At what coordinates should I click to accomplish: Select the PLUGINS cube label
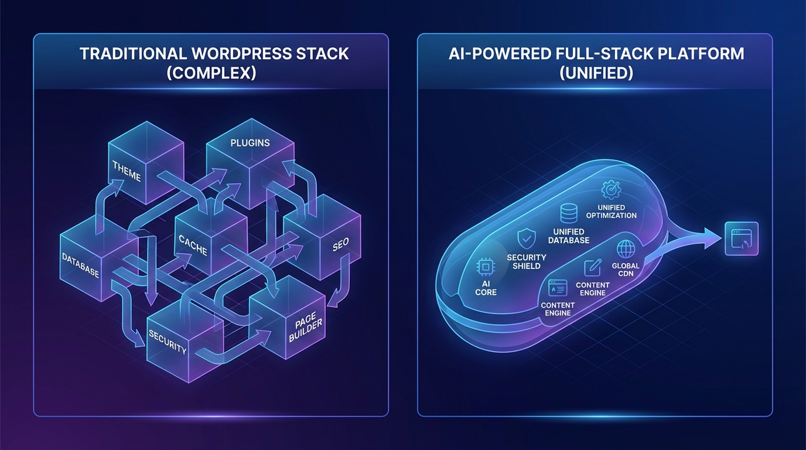250,142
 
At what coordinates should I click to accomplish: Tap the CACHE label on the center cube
193,244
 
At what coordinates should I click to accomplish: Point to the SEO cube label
340,246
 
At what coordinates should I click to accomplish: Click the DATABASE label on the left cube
80,265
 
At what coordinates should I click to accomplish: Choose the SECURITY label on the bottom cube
168,342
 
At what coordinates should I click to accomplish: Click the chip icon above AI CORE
486,267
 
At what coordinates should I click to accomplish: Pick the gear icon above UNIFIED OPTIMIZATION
610,189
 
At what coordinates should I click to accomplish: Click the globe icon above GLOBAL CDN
626,248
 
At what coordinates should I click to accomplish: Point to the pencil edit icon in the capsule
593,267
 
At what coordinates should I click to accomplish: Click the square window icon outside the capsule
741,238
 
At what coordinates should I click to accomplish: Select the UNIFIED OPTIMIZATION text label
612,212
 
